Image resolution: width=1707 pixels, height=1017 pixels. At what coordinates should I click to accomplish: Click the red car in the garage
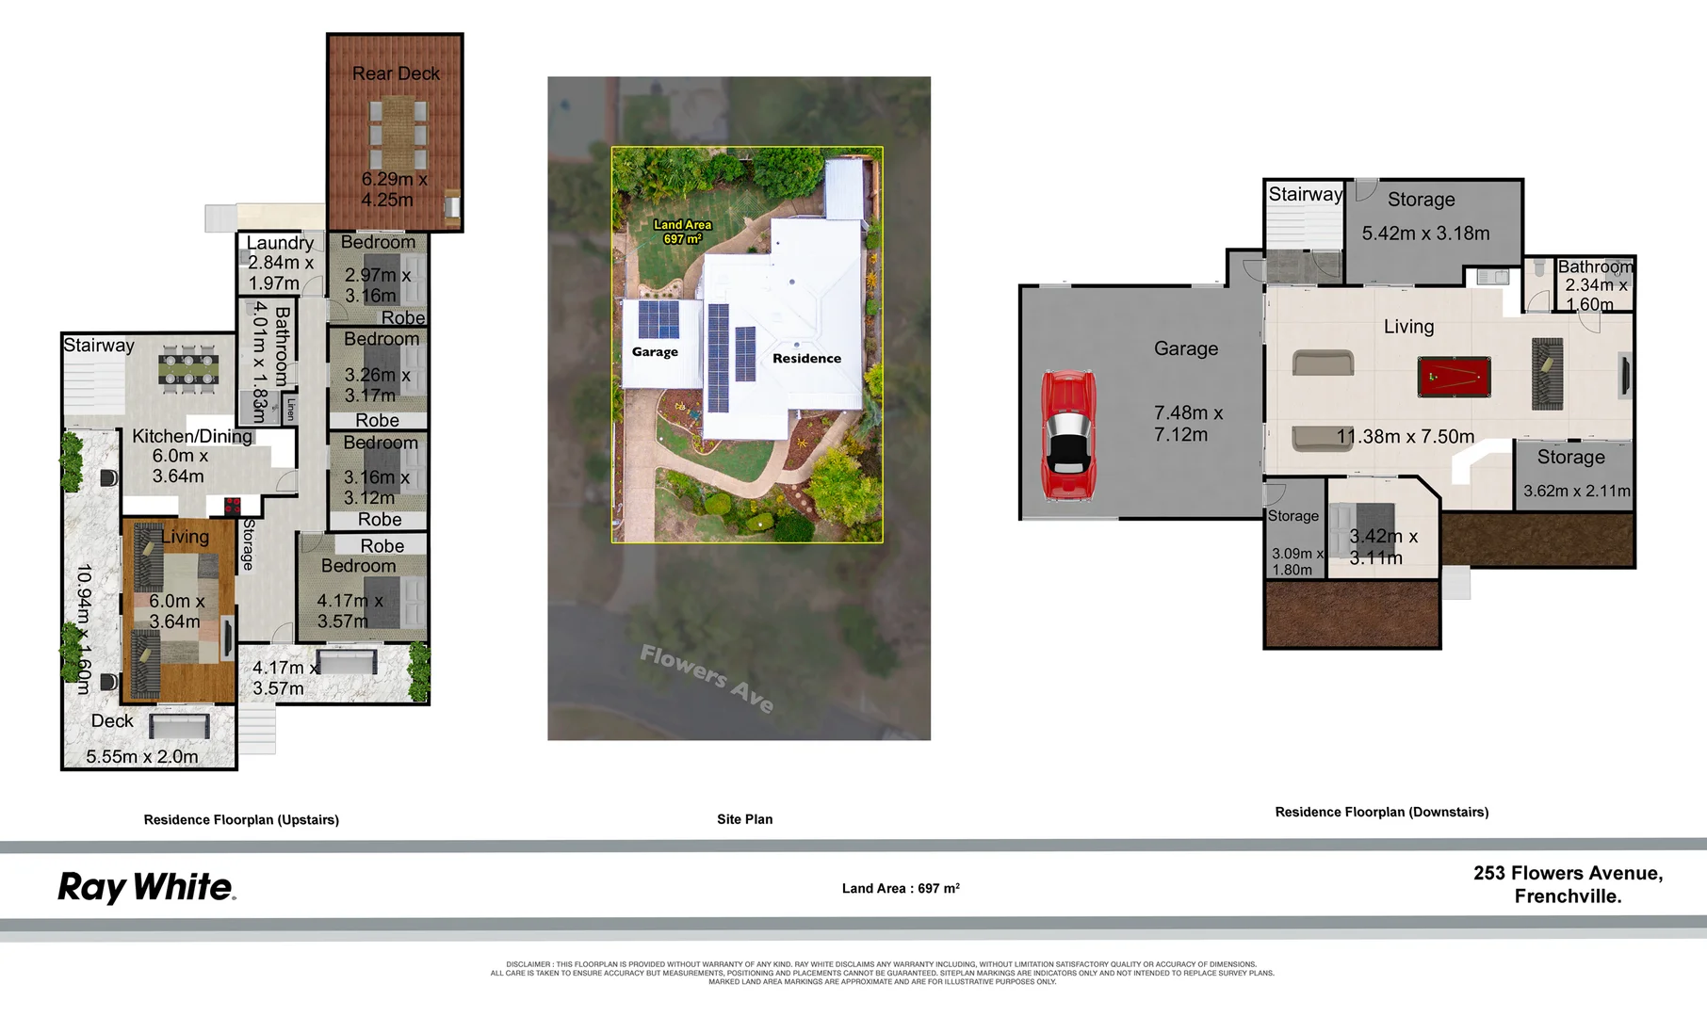tap(1068, 434)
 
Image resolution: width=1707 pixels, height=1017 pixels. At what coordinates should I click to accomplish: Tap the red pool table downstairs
tap(1454, 377)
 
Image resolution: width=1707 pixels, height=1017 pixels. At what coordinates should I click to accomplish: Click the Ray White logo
tap(146, 887)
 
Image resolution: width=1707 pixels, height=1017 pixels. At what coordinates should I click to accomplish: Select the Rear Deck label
tap(396, 73)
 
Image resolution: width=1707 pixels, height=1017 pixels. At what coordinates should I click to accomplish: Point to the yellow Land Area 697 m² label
tap(682, 232)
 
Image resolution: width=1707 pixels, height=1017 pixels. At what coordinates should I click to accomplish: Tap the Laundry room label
tap(280, 243)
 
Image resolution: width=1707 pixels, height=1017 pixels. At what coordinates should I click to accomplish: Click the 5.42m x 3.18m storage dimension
tap(1425, 234)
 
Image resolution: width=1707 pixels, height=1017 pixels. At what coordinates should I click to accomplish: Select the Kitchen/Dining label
tap(192, 436)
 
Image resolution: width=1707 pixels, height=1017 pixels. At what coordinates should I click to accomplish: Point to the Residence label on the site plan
tap(806, 359)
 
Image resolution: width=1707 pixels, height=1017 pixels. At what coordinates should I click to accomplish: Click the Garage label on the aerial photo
tap(655, 352)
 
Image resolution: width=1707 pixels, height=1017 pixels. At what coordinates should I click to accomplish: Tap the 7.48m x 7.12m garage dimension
tap(1187, 424)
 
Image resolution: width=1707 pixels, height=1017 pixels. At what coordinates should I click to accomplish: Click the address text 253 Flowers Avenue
tap(1568, 874)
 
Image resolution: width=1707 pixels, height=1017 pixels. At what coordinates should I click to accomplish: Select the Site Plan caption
tap(744, 819)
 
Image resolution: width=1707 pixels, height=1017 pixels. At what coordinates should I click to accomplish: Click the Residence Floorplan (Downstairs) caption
tap(1381, 812)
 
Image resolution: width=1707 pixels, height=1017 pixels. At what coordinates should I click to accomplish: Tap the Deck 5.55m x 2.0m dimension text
tap(142, 757)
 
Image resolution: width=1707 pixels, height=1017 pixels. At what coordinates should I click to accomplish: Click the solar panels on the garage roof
tap(658, 319)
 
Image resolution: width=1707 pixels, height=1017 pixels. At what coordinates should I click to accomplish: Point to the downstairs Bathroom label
tap(1594, 267)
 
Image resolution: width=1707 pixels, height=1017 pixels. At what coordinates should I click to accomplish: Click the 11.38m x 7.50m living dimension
tap(1405, 437)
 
